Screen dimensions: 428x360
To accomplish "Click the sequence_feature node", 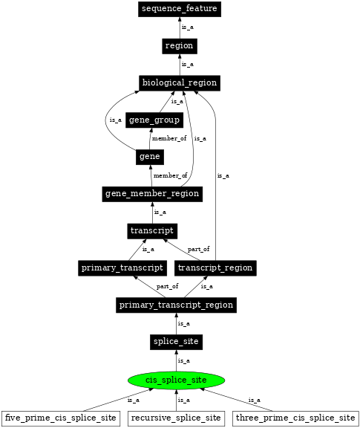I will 179,9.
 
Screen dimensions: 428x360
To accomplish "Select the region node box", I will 179,46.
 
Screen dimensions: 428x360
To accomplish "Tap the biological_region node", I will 179,82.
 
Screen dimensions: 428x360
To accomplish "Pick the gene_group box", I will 154,120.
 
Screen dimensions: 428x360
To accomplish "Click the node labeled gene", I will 149,157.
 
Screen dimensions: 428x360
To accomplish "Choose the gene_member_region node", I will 152,194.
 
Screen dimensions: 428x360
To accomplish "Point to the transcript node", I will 152,231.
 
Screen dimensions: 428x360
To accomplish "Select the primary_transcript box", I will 122,267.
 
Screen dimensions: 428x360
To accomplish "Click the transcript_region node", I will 216,267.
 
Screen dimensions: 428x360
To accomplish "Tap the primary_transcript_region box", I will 176,305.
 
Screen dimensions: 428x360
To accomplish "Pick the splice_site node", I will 176,342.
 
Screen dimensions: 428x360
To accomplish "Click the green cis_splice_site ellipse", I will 176,380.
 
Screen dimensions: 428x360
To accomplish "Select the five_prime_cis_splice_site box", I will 61,418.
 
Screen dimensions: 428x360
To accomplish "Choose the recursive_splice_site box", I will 176,418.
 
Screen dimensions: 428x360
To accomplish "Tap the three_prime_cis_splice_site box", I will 295,418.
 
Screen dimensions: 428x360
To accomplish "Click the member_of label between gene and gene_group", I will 169,138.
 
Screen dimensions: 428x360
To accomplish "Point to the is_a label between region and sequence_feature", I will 188,27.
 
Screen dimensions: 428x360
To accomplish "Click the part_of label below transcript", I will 198,249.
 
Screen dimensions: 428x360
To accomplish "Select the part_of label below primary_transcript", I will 167,286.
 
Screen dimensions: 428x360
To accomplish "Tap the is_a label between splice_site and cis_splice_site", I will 183,360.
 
